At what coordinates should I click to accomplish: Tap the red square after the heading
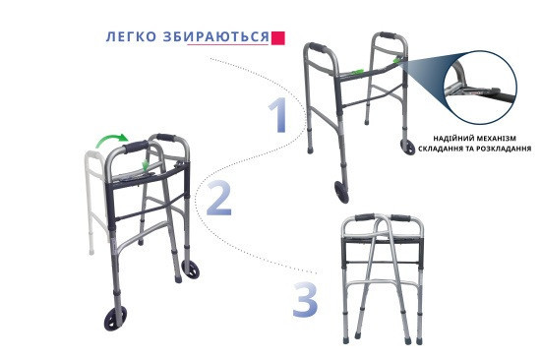[x=278, y=37]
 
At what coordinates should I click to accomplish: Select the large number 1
[x=280, y=116]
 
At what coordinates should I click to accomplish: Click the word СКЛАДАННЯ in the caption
[x=442, y=150]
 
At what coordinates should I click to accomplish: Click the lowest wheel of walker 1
[x=341, y=192]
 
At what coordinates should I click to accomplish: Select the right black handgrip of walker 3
[x=404, y=218]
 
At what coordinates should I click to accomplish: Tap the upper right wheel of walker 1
[x=406, y=148]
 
